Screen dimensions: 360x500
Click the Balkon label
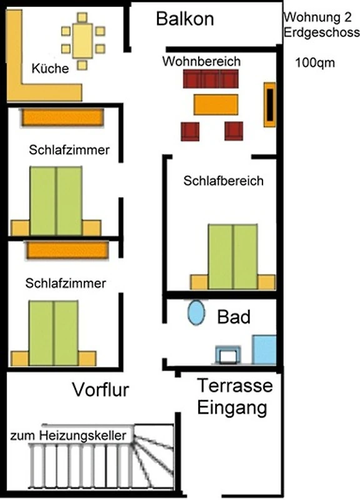pos(185,19)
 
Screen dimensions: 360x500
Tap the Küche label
pos(50,68)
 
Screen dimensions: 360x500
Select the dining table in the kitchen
pos(82,41)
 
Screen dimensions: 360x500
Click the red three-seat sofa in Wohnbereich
pos(211,79)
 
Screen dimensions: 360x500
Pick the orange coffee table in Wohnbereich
pos(216,104)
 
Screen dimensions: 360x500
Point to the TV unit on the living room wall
pos(270,104)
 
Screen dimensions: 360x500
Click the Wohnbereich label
pos(201,61)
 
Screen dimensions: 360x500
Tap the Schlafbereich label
pos(224,181)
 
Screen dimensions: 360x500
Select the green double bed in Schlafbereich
pos(232,257)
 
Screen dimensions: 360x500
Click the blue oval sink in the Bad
pos(196,313)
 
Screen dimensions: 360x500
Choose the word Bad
pos(234,317)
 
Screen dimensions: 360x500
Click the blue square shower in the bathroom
pos(264,349)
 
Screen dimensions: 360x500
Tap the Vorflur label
pos(101,389)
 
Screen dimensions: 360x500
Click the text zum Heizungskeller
pos(68,435)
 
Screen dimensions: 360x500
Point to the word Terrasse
pos(235,386)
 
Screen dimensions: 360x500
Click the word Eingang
pos(232,408)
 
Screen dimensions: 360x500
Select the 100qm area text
pos(315,62)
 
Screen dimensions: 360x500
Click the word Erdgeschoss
pos(322,32)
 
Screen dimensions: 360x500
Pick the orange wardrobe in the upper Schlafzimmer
pos(63,117)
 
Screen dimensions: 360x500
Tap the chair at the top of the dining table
pos(82,17)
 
